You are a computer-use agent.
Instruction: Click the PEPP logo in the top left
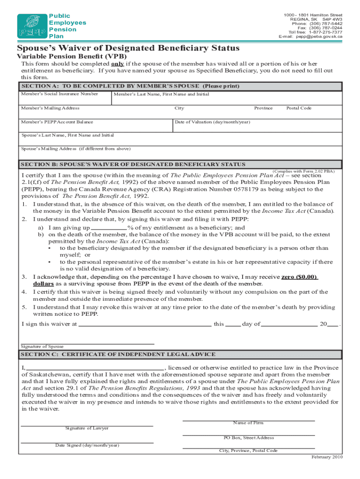tap(32, 26)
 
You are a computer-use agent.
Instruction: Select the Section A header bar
tap(180, 87)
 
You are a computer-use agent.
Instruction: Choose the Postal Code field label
tap(298, 108)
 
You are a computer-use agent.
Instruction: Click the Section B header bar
tap(180, 164)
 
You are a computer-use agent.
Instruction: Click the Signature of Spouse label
tap(42, 347)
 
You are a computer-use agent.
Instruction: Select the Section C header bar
tap(180, 355)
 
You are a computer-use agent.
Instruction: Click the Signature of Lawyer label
tap(86, 428)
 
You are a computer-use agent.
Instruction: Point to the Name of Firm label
tap(248, 423)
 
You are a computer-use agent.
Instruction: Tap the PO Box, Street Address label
tap(248, 438)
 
